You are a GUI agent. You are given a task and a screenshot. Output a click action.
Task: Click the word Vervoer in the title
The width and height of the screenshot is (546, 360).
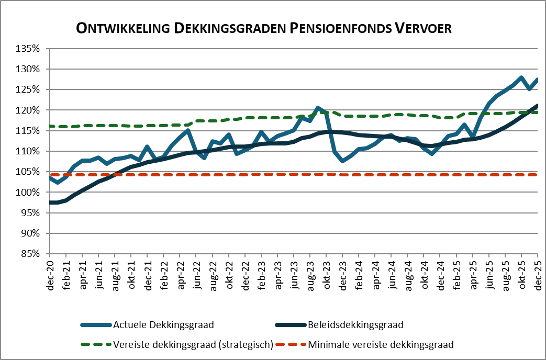pos(422,28)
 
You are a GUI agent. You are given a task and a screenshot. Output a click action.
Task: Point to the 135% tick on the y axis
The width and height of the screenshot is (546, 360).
pos(29,49)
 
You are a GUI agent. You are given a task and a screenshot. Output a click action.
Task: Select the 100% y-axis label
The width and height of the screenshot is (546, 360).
pos(29,192)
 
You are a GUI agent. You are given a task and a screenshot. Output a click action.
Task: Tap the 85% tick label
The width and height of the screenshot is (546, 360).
pos(31,254)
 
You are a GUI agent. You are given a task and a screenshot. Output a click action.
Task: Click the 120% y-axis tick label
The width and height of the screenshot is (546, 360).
pos(29,110)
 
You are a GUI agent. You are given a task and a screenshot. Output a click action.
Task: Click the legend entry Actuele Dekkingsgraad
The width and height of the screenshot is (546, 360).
pos(163,325)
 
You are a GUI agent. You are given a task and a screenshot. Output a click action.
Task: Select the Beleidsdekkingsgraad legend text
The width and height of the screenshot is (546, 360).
pos(356,325)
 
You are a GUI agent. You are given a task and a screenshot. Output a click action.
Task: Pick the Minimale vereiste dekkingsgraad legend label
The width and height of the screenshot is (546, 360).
pos(381,344)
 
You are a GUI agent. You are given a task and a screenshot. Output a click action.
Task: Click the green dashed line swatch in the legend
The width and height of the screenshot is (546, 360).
pos(96,344)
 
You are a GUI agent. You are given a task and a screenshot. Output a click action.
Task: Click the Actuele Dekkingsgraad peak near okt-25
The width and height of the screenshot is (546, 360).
pos(521,77)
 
